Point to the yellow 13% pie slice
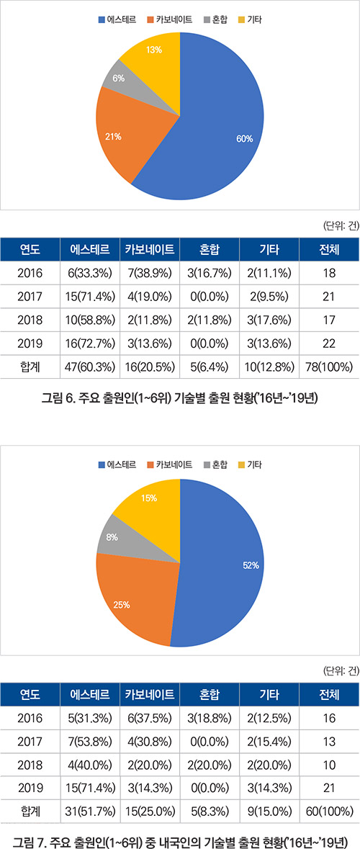[x=154, y=60]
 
